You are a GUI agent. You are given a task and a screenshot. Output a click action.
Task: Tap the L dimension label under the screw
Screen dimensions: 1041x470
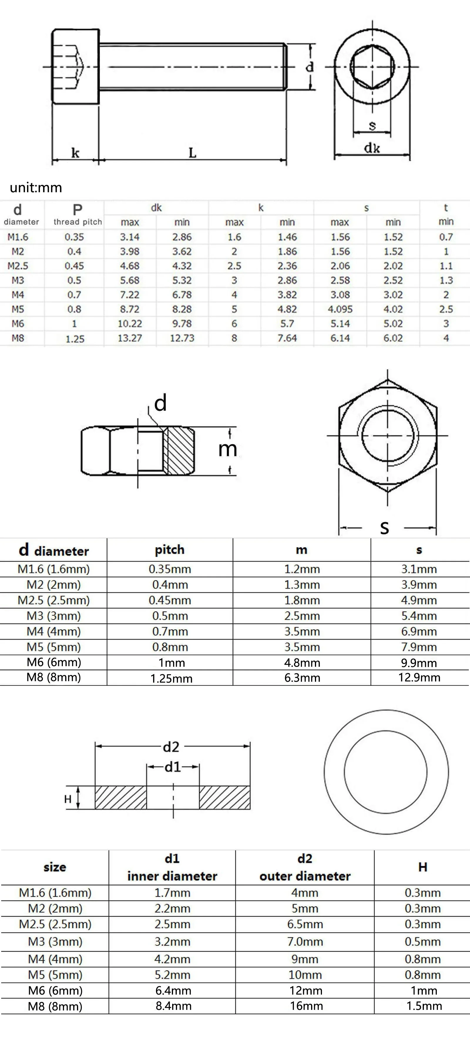click(x=192, y=153)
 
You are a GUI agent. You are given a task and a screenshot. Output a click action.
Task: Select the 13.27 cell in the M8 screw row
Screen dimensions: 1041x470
click(x=130, y=338)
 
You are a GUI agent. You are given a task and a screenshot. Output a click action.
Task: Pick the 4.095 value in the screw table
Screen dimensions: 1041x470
click(x=340, y=309)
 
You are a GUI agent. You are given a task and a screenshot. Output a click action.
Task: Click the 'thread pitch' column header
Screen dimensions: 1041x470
click(x=78, y=222)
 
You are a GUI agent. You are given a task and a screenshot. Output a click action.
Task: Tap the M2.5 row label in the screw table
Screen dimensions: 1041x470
click(x=18, y=266)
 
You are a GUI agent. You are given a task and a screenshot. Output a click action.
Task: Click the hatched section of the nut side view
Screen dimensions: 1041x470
click(x=178, y=451)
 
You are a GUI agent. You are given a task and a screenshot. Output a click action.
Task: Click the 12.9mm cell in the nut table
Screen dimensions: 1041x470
click(x=419, y=678)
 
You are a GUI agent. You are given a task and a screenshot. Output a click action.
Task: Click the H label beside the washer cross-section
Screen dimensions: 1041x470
click(x=68, y=799)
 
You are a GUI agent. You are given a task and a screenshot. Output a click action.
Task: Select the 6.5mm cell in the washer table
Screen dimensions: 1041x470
click(x=305, y=924)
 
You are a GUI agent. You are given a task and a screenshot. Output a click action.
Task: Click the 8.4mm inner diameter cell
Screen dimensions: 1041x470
click(x=173, y=1006)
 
